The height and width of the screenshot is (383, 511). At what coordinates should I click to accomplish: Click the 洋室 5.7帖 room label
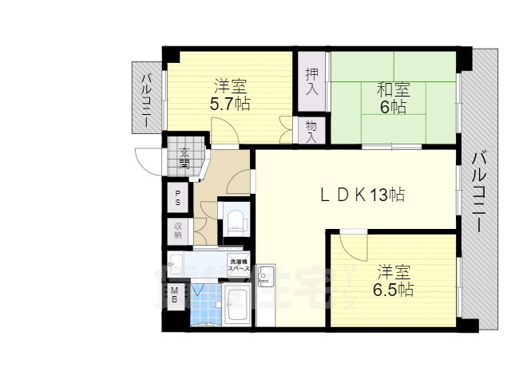[230, 94]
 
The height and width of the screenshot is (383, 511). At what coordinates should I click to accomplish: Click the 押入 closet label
[311, 81]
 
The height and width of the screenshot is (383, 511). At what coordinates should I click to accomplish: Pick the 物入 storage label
[311, 132]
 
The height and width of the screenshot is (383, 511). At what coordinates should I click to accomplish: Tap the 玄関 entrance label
[184, 157]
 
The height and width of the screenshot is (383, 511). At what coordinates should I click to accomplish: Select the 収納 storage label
[178, 231]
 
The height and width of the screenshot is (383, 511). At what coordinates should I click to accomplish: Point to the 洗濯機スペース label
[240, 265]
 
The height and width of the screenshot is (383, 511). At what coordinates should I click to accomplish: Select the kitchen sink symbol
[266, 278]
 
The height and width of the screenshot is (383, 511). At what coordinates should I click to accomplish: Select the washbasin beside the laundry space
[176, 266]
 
